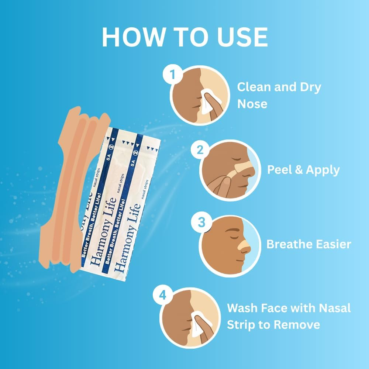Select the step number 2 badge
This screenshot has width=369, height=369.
click(200, 150)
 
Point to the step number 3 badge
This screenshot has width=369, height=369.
click(201, 223)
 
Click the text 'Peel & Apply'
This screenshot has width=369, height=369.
click(303, 170)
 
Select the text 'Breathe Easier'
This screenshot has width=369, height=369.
click(308, 244)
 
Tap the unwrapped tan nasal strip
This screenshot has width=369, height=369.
click(74, 184)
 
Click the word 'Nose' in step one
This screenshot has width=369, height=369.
click(252, 104)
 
